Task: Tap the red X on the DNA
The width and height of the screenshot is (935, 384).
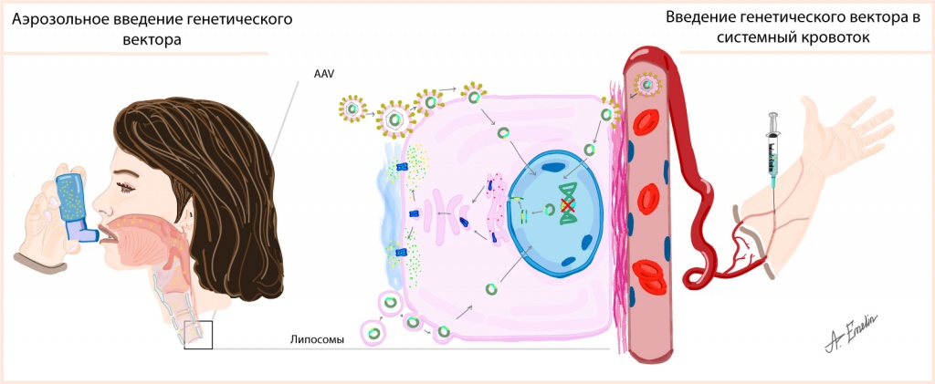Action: [568, 207]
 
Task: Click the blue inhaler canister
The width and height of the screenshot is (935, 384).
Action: [70, 197]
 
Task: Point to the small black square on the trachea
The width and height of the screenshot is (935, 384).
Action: [197, 335]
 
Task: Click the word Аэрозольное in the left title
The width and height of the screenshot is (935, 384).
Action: [58, 19]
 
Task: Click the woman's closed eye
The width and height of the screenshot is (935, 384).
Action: [130, 188]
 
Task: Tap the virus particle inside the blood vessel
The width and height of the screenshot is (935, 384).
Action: [647, 86]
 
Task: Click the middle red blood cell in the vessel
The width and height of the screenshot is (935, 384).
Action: [649, 196]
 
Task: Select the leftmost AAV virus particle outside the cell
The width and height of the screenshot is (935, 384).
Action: [352, 109]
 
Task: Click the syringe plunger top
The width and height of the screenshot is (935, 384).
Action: [775, 116]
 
